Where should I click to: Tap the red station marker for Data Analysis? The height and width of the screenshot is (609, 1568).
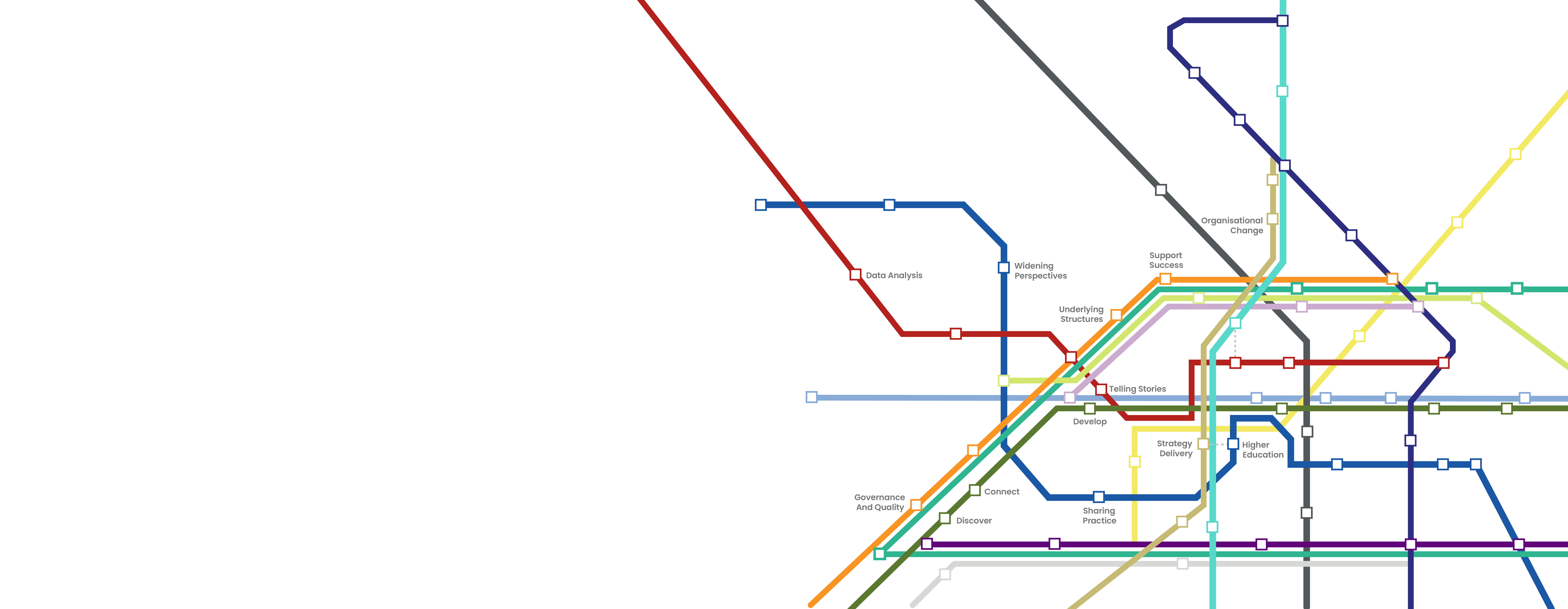(855, 275)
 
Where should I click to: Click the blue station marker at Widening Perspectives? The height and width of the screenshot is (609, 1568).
(1004, 267)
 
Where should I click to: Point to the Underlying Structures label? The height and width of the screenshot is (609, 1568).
(1081, 314)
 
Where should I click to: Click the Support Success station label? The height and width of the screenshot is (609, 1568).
(1166, 260)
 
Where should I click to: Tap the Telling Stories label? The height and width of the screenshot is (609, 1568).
(1137, 389)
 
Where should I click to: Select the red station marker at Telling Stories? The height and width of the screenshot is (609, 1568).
(1101, 389)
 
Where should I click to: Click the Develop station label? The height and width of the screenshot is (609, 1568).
(1089, 421)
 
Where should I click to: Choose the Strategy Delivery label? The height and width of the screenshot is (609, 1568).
(1175, 448)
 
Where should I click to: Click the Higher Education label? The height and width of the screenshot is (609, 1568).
(1262, 449)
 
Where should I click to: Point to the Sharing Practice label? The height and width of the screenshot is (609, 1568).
(1099, 516)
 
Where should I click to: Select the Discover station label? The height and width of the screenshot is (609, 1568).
(974, 521)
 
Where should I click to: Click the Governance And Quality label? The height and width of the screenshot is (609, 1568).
(879, 502)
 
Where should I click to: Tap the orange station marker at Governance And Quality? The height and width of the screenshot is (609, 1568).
(916, 505)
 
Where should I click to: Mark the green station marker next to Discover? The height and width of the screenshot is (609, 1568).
(945, 518)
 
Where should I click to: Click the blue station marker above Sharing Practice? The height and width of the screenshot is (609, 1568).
(1099, 497)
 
